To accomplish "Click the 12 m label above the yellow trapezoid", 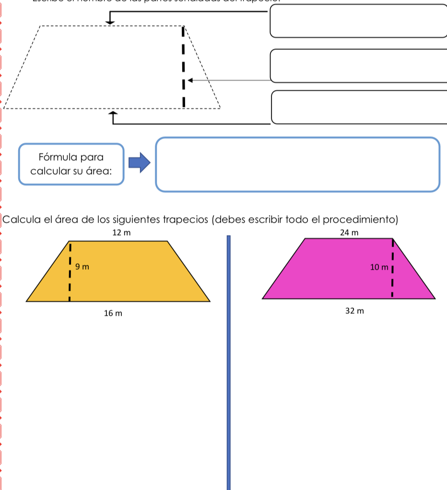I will (x=121, y=233).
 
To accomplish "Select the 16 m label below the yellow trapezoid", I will (x=113, y=313).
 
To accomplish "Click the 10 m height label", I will (x=378, y=267).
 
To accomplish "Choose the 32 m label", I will (x=355, y=311).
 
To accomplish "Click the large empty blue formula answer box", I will (x=297, y=165).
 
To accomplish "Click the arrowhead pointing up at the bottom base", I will (x=113, y=113).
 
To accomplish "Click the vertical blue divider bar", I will (x=229, y=360).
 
